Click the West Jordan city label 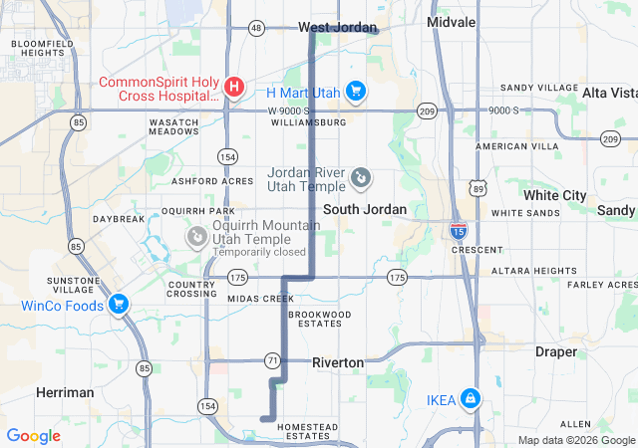point(338,28)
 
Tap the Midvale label point(452,21)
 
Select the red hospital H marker point(233,88)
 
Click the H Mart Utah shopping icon point(356,93)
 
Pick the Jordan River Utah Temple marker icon point(361,179)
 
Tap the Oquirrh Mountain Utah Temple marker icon point(197,236)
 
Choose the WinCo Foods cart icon point(119,304)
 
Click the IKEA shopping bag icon point(470,399)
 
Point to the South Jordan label point(365,209)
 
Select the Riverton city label point(338,362)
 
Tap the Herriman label point(65,392)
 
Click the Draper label point(555,351)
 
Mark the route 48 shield point(257,28)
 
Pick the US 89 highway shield point(478,187)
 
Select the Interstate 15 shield point(458,232)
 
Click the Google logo point(33,436)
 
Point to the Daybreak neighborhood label point(119,219)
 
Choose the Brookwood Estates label point(319,319)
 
